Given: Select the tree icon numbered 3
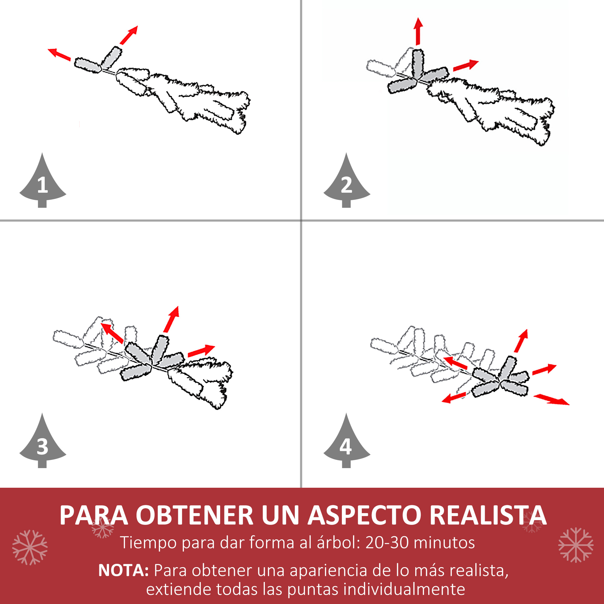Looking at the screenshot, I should pos(43,444).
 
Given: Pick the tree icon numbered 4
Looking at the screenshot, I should pos(346,444).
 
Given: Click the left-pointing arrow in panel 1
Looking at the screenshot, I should pos(59,54).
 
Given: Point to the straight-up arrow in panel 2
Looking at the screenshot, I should pos(418,31).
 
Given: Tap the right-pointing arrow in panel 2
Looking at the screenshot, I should pos(465,65).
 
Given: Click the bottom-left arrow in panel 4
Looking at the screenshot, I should pos(454,398).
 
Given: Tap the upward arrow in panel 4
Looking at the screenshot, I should pos(522,340).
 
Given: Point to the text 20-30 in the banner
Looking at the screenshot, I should pos(387,542).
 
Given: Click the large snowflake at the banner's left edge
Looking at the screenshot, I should pos(30,548).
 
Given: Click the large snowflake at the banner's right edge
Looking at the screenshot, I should pos(576,545).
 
